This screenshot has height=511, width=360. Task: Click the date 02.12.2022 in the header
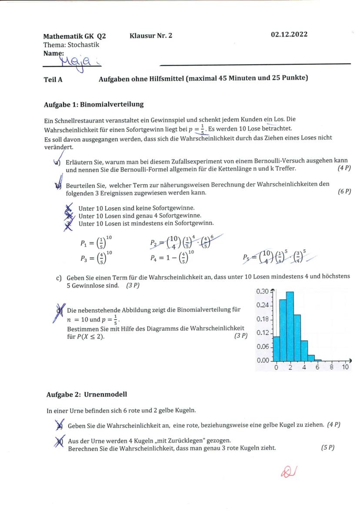coord(289,35)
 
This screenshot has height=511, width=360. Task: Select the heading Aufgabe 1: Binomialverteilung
coord(94,105)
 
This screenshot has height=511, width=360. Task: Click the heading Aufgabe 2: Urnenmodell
coord(87,394)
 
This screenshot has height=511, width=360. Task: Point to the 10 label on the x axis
coord(345,367)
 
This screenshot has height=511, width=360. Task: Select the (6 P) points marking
coord(344,192)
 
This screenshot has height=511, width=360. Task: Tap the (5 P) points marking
coord(327,448)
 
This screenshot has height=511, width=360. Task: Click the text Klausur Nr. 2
coord(151,35)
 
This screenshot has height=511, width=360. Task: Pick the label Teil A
coord(53,78)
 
